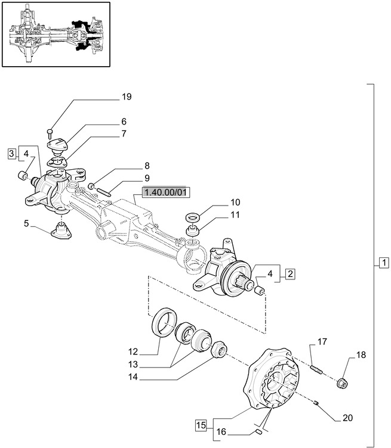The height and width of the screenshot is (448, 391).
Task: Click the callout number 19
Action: pos(126,97)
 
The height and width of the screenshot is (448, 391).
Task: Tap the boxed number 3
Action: pos(12,154)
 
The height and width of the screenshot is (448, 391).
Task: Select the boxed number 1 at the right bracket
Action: pos(383,262)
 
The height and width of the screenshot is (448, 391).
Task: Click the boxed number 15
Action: pos(200,425)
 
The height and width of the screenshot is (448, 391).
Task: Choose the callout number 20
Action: pos(348,418)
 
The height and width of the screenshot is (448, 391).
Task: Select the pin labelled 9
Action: pos(106,191)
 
